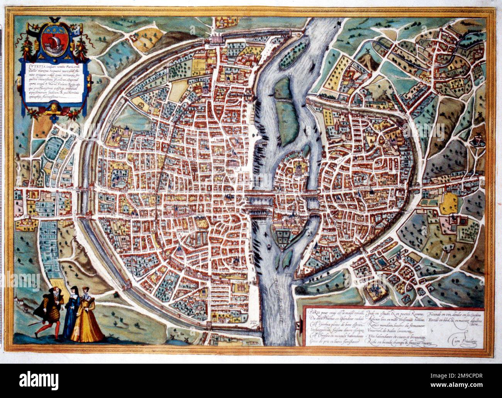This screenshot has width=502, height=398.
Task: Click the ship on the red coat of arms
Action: click(x=51, y=42)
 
